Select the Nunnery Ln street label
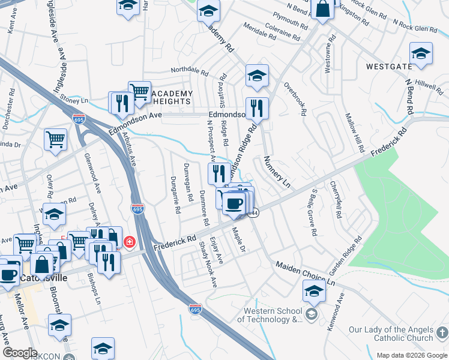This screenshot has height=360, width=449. [x=277, y=172]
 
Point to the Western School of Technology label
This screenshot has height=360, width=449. [x=269, y=315]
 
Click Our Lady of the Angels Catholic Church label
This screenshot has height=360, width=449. [x=390, y=334]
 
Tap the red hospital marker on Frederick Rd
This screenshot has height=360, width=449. [x=129, y=243]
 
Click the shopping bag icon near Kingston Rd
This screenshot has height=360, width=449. [x=323, y=10]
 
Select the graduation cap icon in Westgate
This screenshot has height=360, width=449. [x=421, y=54]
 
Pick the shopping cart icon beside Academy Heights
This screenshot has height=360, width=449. [x=139, y=92]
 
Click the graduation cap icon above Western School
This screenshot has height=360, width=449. [x=314, y=293]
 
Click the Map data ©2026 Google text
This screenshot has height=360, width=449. [x=411, y=355]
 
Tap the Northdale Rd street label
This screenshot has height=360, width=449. [x=189, y=71]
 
